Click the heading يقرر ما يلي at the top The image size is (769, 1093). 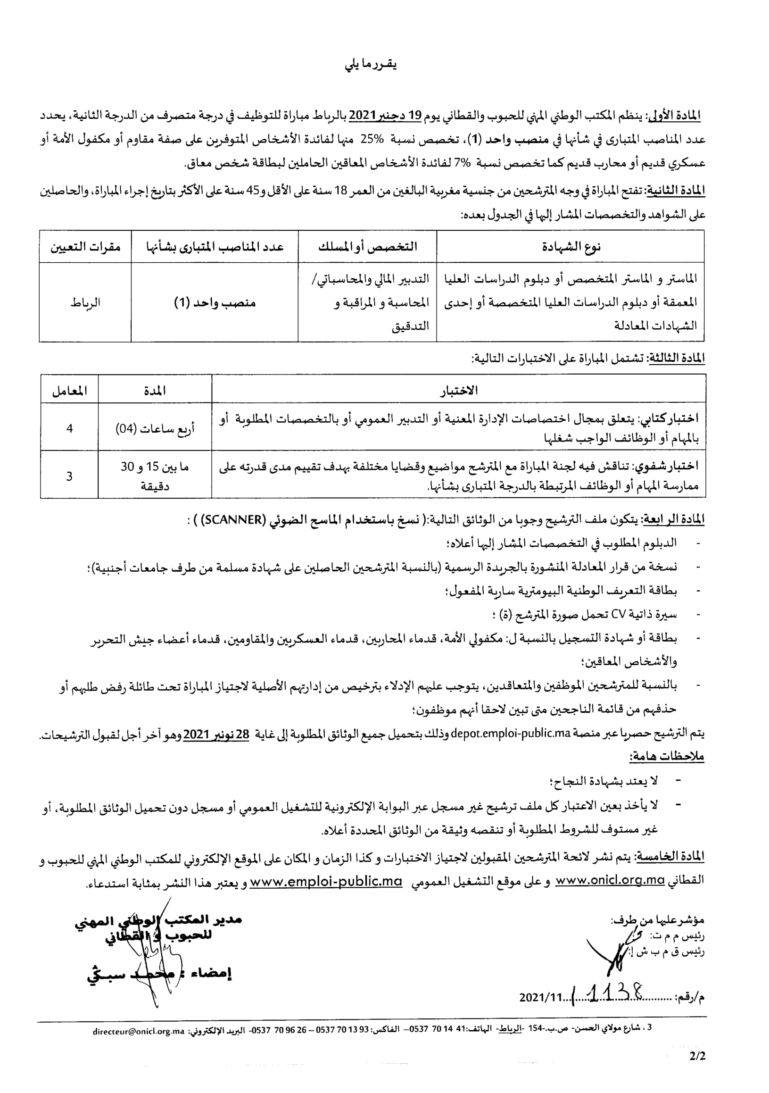tap(371, 65)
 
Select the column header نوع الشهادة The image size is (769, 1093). tap(571, 246)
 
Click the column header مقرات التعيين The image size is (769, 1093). tap(85, 246)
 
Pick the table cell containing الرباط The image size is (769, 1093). tap(85, 302)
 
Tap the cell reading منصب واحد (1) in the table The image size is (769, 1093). tap(215, 302)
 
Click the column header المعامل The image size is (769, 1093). tap(69, 391)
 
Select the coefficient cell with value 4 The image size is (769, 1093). tap(69, 428)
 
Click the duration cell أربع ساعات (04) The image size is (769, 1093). tap(155, 428)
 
